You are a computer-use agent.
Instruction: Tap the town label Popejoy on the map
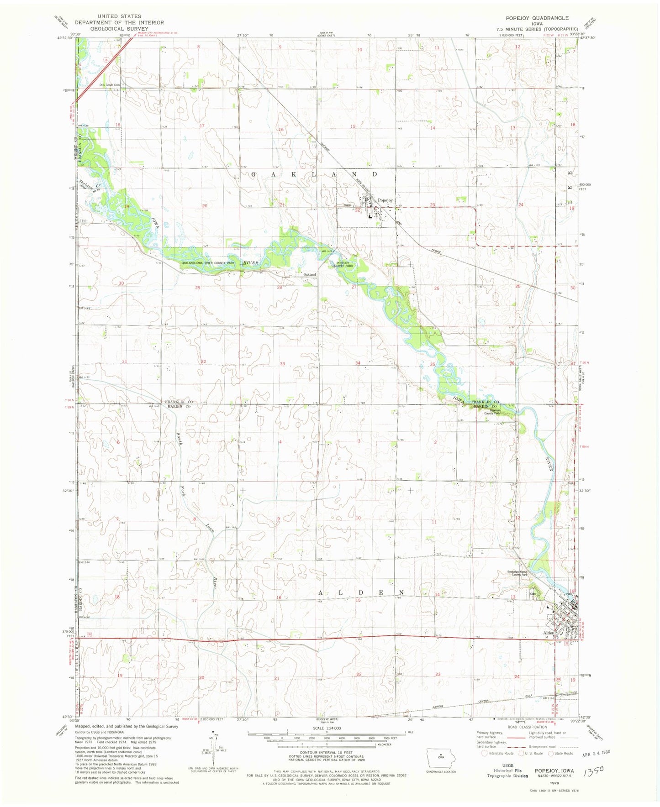[385, 200]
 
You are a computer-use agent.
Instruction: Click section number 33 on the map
[282, 364]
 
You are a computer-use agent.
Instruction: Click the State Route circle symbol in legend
[551, 754]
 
